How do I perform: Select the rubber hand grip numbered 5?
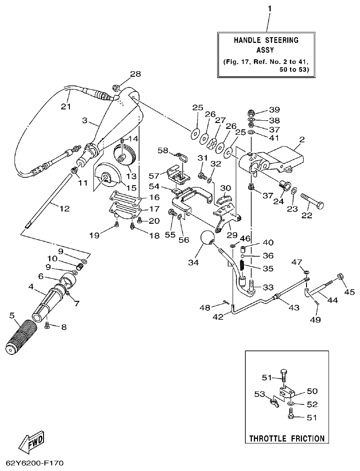[20, 337]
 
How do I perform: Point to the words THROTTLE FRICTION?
[287, 438]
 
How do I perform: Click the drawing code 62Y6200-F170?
[34, 463]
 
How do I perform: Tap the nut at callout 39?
[251, 112]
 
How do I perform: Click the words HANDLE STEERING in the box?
[266, 40]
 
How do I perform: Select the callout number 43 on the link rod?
[294, 307]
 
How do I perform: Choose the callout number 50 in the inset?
[312, 390]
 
